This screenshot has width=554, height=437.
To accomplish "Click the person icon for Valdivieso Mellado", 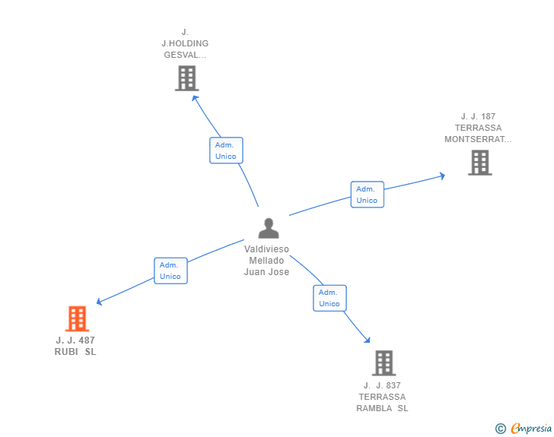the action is [x=268, y=228].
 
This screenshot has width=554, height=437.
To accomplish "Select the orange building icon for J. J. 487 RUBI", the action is [x=77, y=318].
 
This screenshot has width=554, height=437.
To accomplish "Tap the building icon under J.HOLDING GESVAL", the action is [x=186, y=78].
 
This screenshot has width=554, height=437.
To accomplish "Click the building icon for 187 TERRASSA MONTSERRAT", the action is [x=479, y=163].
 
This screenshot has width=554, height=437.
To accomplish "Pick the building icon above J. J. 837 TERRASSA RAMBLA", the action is [x=384, y=363].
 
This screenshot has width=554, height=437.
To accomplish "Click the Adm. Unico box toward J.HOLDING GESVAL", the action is [x=226, y=150].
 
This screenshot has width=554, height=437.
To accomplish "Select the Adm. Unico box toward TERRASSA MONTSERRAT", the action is [x=367, y=195].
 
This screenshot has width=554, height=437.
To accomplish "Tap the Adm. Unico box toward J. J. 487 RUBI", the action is [x=170, y=271].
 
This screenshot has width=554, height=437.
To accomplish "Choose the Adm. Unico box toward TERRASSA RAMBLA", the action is [x=330, y=298].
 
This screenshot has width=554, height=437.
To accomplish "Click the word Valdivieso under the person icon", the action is [x=266, y=249].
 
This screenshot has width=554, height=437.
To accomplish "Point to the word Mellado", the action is [x=266, y=261].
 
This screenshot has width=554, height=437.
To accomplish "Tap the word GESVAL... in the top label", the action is [x=185, y=55].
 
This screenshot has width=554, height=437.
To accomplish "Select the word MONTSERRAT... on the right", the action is [x=478, y=140].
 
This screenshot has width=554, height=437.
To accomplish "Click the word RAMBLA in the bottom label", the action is [x=374, y=408].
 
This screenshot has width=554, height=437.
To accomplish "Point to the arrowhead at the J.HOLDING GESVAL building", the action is [x=195, y=97].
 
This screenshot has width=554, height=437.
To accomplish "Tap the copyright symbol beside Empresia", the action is [x=501, y=429].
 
